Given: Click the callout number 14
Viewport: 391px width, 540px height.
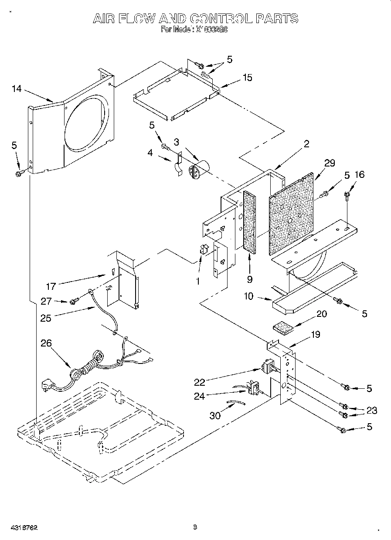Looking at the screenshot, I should pyautogui.click(x=16, y=89).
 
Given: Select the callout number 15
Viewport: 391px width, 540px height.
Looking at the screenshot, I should pyautogui.click(x=247, y=78).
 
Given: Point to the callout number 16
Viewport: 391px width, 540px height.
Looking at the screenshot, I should pyautogui.click(x=360, y=175).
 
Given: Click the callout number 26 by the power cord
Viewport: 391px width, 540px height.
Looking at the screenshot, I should pyautogui.click(x=46, y=343).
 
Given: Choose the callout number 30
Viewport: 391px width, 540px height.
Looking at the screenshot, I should pyautogui.click(x=215, y=415).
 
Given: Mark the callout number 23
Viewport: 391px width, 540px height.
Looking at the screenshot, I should pyautogui.click(x=371, y=410).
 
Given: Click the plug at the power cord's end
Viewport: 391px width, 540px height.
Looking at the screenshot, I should pyautogui.click(x=47, y=386).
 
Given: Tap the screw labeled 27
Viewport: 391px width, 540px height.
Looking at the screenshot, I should pyautogui.click(x=74, y=301).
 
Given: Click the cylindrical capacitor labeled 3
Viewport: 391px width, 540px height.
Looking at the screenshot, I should pyautogui.click(x=198, y=169).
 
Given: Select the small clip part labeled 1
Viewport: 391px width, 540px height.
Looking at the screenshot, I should pyautogui.click(x=203, y=250).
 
